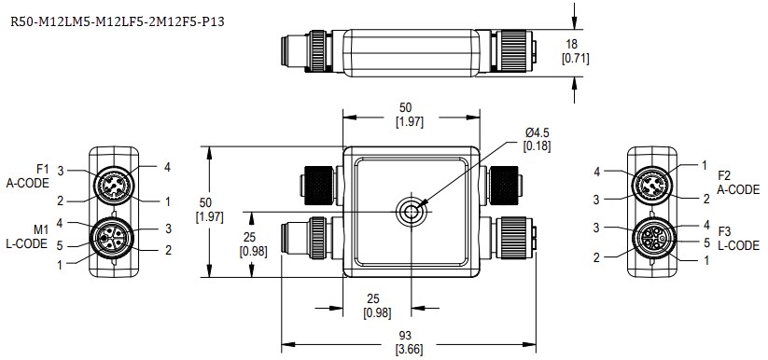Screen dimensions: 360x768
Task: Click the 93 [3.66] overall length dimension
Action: [x=407, y=346]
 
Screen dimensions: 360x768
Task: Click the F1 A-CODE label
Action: [x=34, y=175]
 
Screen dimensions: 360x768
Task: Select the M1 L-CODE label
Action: [x=35, y=237]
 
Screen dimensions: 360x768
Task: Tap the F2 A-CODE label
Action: [x=738, y=182]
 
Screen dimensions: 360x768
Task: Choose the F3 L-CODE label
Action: [x=738, y=237]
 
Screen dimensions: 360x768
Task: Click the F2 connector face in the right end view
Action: [x=652, y=185]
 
